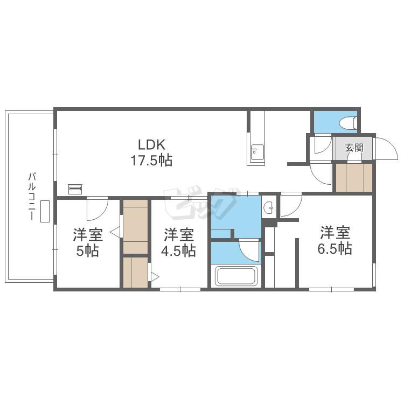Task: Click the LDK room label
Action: click(x=151, y=144)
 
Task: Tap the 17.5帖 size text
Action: click(x=151, y=161)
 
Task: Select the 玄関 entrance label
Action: click(x=354, y=148)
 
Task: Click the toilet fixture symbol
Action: click(x=348, y=122)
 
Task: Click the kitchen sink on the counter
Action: click(x=257, y=152)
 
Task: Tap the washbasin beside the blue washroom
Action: click(x=269, y=207)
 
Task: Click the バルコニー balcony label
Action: click(x=32, y=197)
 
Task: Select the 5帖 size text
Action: click(x=88, y=250)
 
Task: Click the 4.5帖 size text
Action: click(x=178, y=250)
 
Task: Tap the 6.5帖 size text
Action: click(x=335, y=248)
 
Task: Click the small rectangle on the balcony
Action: click(x=45, y=211)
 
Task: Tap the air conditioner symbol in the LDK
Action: click(x=75, y=189)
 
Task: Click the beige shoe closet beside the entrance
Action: click(x=354, y=178)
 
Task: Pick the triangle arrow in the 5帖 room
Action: click(x=115, y=232)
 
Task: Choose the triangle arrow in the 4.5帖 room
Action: click(x=155, y=277)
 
